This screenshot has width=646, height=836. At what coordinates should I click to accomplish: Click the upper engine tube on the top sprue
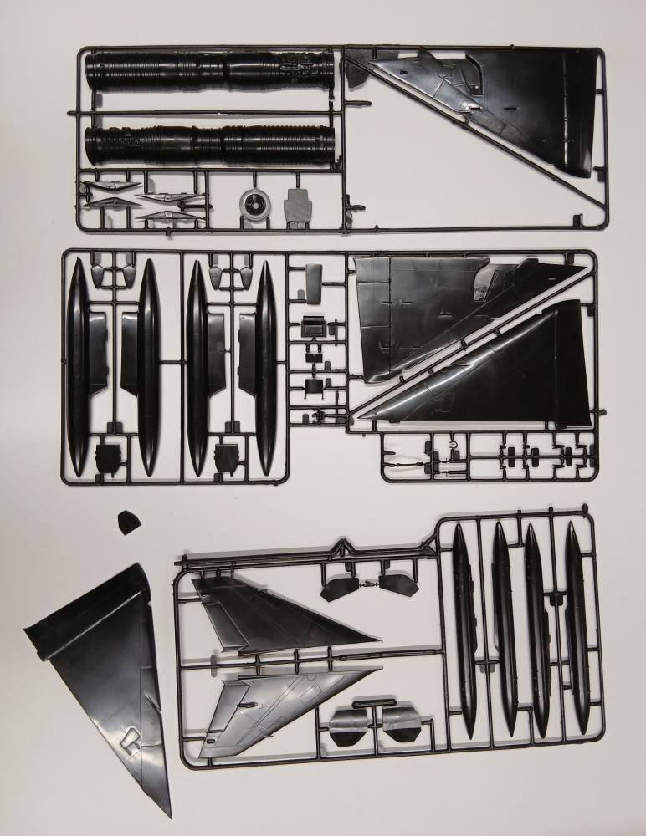209,70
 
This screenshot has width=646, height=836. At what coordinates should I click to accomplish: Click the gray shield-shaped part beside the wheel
296,206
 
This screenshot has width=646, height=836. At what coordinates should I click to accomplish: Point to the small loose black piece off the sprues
126,522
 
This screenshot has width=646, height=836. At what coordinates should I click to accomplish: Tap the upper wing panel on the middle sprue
435,313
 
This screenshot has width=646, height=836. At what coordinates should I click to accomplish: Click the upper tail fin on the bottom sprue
276,614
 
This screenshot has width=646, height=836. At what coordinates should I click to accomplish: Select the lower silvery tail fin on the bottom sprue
276,702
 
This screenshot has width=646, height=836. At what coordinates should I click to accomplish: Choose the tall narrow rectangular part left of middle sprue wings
313,283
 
